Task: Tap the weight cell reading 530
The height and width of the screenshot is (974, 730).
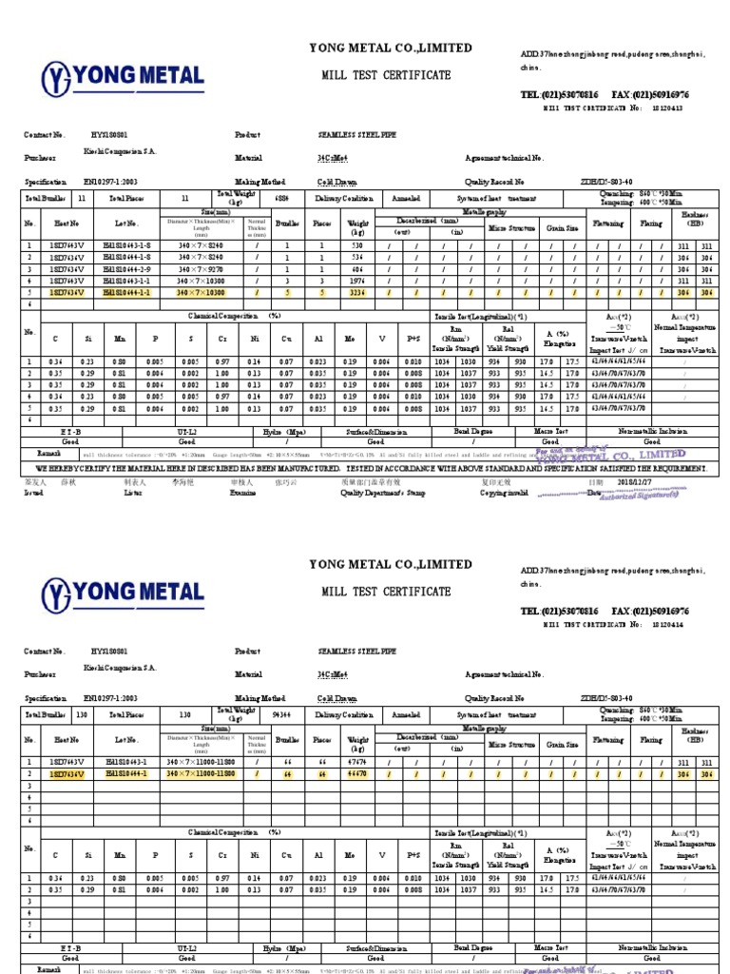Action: (x=356, y=245)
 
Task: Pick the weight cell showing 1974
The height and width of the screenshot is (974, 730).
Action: (x=356, y=282)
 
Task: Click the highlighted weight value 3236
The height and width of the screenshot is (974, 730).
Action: (x=356, y=294)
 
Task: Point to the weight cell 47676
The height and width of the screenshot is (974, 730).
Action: (x=358, y=762)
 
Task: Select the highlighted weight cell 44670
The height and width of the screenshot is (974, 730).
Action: (x=358, y=774)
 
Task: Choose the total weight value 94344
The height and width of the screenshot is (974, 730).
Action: (x=281, y=713)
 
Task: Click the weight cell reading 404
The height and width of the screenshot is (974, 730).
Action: (x=356, y=270)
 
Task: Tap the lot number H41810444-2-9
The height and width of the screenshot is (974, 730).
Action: (x=127, y=270)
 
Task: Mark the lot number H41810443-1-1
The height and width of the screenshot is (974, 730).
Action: (x=127, y=282)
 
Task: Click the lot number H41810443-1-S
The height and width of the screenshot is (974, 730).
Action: (x=127, y=245)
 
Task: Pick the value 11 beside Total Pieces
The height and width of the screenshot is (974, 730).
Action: (x=184, y=198)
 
